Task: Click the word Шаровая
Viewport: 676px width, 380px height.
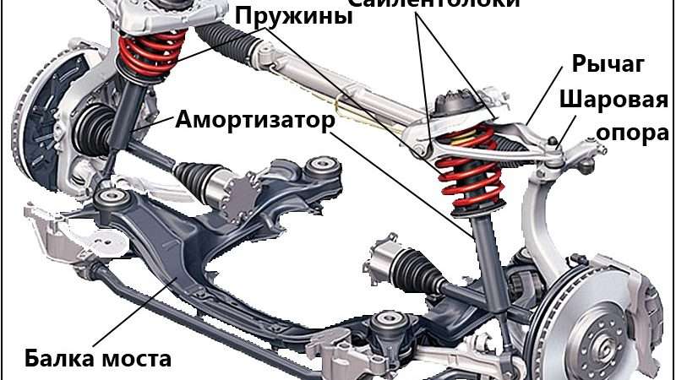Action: (x=613, y=100)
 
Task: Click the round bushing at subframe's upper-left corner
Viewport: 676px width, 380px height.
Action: (x=109, y=199)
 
